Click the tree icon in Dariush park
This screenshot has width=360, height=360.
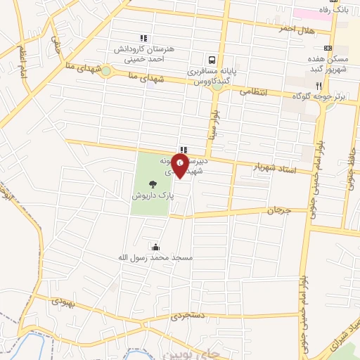coord(153,184)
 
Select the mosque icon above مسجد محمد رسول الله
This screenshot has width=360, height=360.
coord(155,247)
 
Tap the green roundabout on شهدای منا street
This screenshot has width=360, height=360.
coord(106,70)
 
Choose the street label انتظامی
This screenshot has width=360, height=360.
coord(253,91)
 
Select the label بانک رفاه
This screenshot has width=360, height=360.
coord(334,10)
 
